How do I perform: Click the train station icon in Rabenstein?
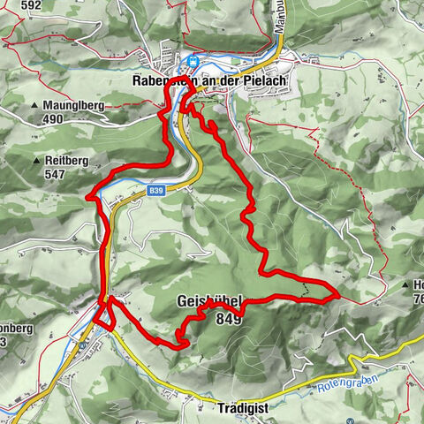192,61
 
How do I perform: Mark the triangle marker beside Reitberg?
35,162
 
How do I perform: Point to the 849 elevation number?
227,319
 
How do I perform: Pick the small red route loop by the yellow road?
105,314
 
